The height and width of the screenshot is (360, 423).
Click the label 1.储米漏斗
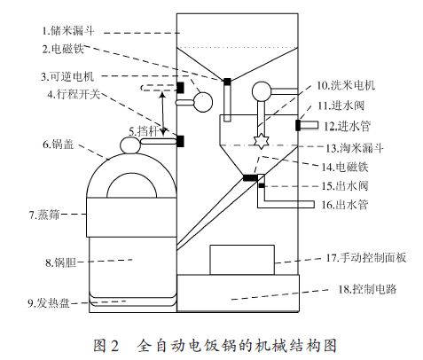click(68, 30)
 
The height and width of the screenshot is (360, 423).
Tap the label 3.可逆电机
click(67, 76)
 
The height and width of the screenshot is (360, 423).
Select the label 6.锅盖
click(59, 145)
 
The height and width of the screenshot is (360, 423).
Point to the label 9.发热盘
click(49, 303)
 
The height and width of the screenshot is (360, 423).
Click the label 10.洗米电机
click(346, 85)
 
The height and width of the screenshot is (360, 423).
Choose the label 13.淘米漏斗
click(355, 148)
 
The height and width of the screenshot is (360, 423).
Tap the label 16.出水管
click(345, 204)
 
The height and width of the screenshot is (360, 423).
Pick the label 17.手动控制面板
click(366, 258)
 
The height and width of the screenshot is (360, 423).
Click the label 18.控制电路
click(367, 289)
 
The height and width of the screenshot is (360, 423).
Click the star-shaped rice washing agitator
click(261, 141)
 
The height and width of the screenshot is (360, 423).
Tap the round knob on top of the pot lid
click(130, 145)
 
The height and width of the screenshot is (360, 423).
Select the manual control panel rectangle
click(242, 260)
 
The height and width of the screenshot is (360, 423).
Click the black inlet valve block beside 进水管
click(298, 125)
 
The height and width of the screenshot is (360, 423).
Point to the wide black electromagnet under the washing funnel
click(250, 177)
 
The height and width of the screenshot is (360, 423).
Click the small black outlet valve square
click(262, 185)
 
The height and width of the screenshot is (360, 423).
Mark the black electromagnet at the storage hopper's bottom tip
click(227, 82)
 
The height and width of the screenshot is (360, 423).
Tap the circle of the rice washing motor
click(262, 91)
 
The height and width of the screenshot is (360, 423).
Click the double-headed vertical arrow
click(162, 113)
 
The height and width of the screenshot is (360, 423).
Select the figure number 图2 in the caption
click(106, 346)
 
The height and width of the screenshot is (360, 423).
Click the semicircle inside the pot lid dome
click(131, 175)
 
